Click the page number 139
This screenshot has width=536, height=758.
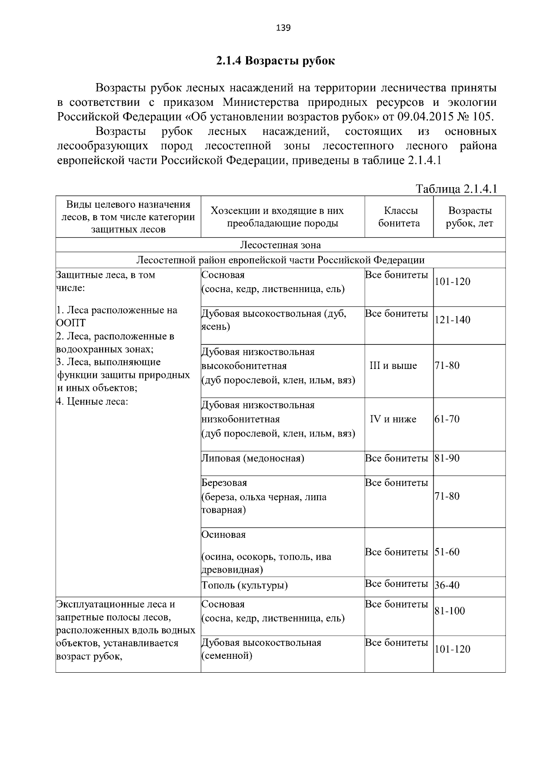tap(283, 29)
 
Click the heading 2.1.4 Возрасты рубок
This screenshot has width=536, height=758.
tap(275, 61)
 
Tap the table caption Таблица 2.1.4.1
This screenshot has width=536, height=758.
tap(456, 189)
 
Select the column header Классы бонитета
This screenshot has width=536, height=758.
tap(399, 217)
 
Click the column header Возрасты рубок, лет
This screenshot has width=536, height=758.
tap(469, 217)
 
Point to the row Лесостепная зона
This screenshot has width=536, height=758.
tap(280, 245)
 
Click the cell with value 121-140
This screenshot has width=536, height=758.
tap(452, 320)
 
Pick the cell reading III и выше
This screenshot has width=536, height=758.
tap(393, 366)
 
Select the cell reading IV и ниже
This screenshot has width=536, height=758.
tap(393, 419)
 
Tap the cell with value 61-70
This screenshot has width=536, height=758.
tap(447, 419)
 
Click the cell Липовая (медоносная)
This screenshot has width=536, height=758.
tap(253, 458)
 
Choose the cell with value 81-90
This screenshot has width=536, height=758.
tap(447, 458)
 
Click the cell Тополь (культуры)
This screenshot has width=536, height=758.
tap(244, 585)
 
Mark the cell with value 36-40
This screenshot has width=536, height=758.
tap(447, 585)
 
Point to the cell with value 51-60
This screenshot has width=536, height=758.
tap(447, 552)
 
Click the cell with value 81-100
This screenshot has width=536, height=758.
tap(450, 611)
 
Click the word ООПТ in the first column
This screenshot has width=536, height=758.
tap(71, 323)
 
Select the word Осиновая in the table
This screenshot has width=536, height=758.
tap(223, 535)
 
